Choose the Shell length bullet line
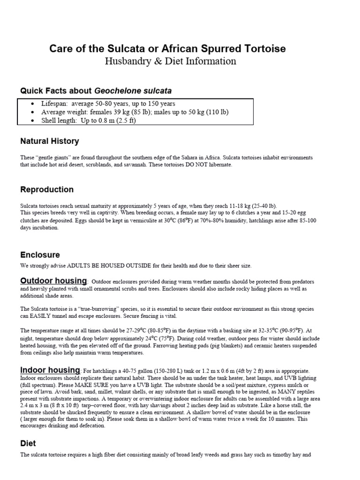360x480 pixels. pyautogui.click(x=89, y=120)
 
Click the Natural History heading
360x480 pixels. pyautogui.click(x=50, y=141)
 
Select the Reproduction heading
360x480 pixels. pyautogui.click(x=47, y=189)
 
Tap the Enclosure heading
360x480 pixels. pyautogui.click(x=40, y=255)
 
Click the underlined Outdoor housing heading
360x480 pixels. pyautogui.click(x=53, y=280)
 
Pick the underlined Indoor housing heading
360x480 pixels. pyautogui.click(x=50, y=370)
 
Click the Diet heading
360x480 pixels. pyautogui.click(x=28, y=443)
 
